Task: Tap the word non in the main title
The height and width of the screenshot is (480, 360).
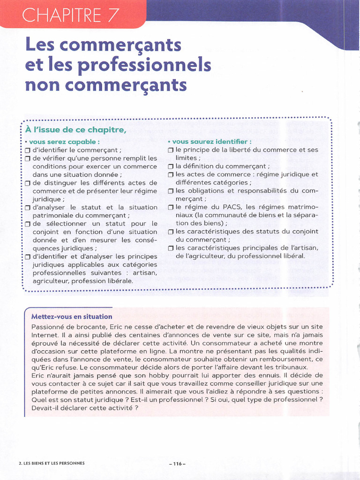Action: (42, 85)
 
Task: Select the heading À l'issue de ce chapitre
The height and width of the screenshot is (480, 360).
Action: (75, 130)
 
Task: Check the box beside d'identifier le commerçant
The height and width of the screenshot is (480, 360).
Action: (28, 150)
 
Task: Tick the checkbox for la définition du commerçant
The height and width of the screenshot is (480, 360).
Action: (171, 166)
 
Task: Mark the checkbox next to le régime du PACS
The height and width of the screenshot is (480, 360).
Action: (171, 207)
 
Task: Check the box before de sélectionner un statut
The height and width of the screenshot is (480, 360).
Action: (28, 224)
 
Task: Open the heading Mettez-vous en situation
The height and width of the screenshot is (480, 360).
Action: (72, 316)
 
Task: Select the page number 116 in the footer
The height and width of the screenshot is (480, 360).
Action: (177, 464)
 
